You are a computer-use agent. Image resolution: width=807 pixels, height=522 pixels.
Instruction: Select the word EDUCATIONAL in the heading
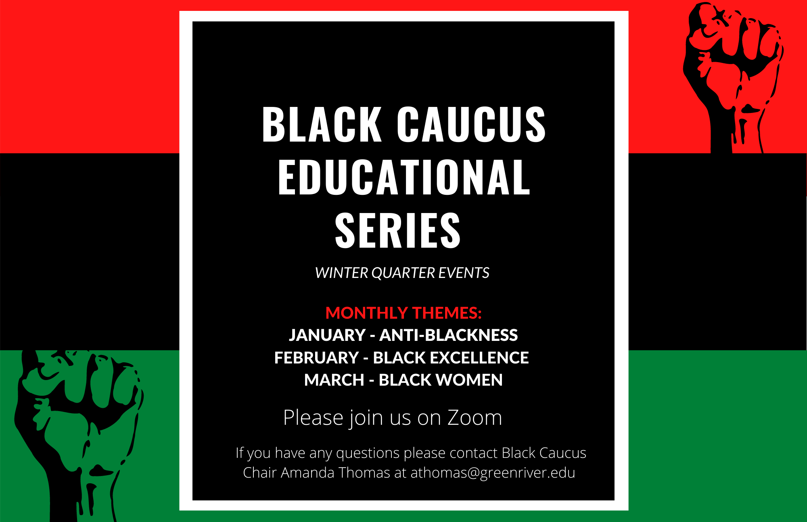click(x=404, y=177)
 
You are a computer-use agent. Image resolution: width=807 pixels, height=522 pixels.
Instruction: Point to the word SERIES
click(x=398, y=230)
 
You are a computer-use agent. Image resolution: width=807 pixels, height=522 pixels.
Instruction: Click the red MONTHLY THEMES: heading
click(x=403, y=313)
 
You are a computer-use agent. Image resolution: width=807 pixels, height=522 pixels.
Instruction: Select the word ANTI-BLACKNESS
click(x=448, y=335)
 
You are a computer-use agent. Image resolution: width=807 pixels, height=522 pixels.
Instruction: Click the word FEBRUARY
click(x=317, y=358)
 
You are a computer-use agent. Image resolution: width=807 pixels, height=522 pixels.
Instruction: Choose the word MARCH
click(x=334, y=380)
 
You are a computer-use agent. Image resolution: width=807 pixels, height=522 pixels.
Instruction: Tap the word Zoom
click(x=475, y=418)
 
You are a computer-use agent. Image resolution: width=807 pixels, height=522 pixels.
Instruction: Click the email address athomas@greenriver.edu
click(x=493, y=473)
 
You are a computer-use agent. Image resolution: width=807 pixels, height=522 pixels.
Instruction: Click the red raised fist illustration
click(x=732, y=77)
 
